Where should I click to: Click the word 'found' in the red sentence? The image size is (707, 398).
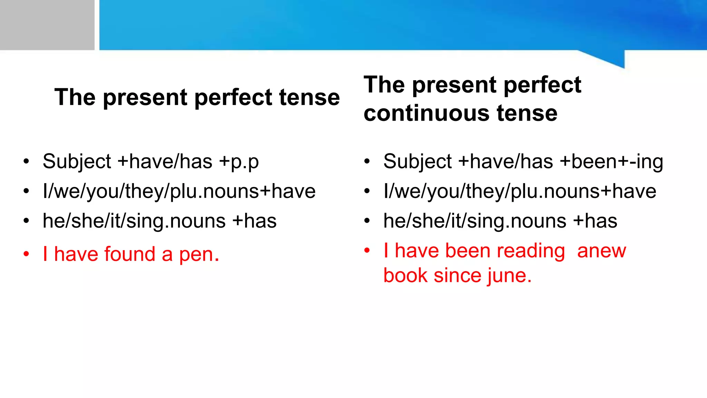point(129,254)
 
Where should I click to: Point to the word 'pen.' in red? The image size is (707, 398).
point(199,255)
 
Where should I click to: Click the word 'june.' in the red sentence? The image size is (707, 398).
point(509,276)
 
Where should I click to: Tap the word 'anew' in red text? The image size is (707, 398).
point(601,251)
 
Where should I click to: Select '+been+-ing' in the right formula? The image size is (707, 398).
point(611,162)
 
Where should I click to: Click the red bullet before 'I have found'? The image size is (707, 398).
point(26,254)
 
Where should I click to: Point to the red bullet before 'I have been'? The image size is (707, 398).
point(367,250)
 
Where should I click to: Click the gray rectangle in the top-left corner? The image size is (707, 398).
point(47,25)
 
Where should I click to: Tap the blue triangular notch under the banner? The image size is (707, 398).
point(611,58)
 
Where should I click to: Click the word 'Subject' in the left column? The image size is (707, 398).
point(77,162)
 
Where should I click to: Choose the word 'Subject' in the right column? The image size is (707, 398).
point(417,162)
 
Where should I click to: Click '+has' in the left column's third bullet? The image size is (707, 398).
point(254,221)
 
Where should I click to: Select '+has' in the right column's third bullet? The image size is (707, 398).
point(595,221)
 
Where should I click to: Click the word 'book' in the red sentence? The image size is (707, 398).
point(406,276)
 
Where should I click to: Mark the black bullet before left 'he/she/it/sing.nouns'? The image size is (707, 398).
point(26,221)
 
